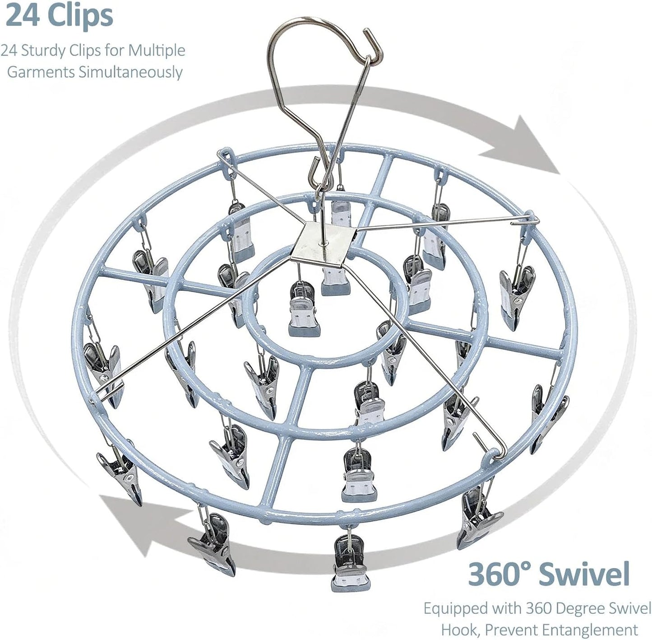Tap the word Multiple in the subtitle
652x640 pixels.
(157, 51)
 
